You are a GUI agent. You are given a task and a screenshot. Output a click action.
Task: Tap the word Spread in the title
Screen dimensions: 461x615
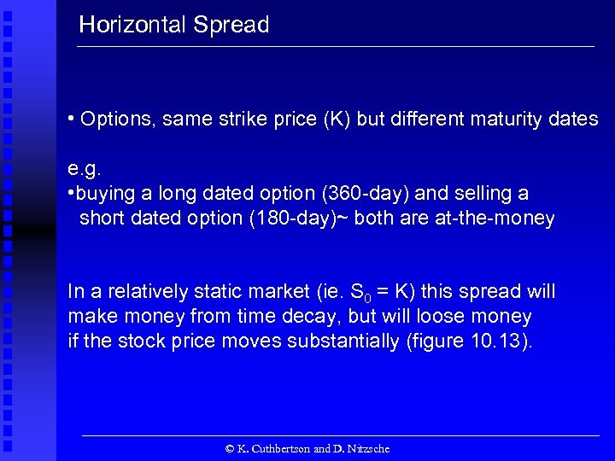pos(231,25)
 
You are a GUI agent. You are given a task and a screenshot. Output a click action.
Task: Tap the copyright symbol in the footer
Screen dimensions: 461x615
pos(229,448)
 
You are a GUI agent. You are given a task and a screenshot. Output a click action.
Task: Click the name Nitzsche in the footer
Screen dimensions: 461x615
pos(367,448)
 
